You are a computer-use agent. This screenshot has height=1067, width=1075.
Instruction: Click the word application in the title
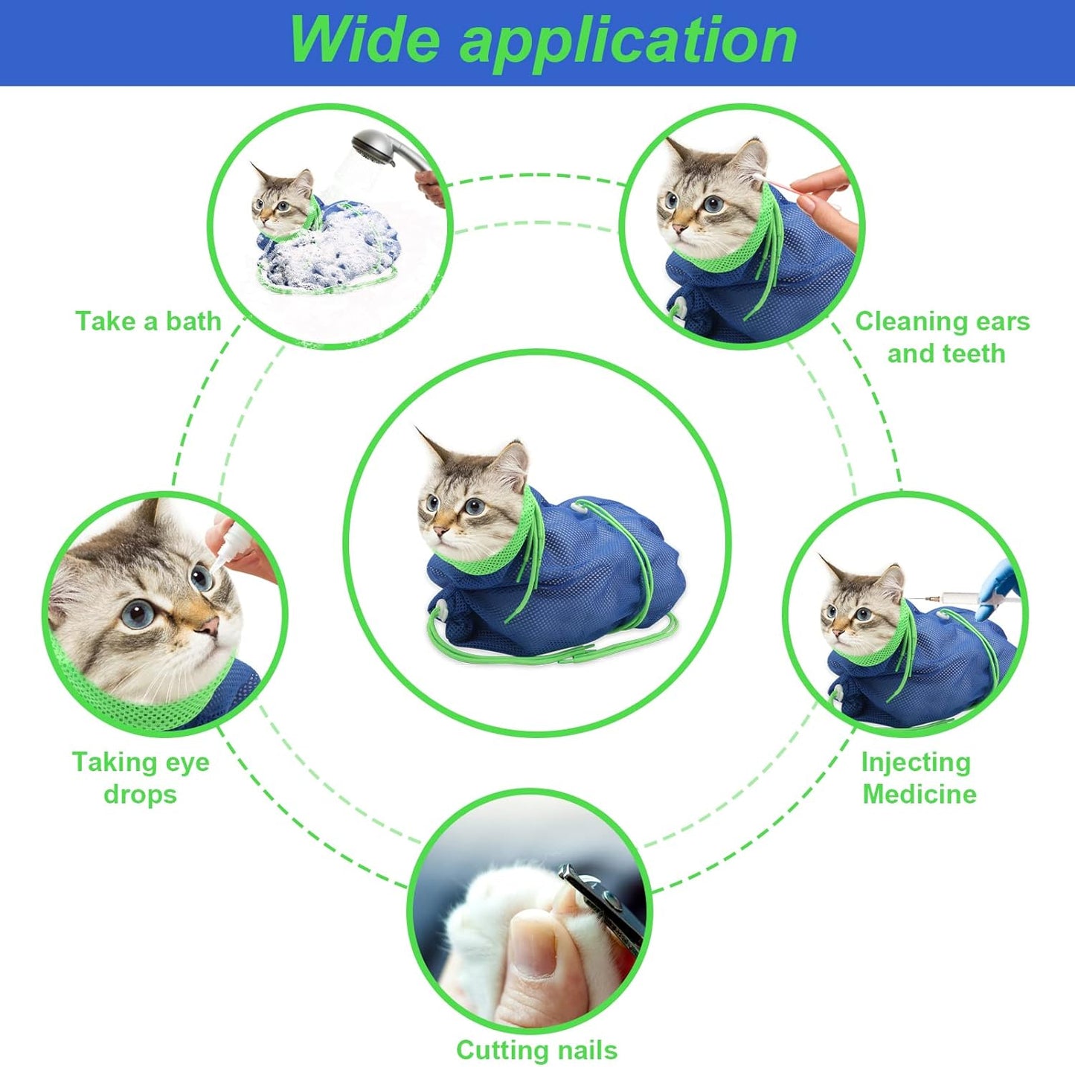click(629, 42)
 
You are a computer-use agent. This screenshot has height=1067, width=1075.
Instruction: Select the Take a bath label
click(149, 321)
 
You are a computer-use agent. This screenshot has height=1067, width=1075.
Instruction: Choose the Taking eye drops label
click(141, 778)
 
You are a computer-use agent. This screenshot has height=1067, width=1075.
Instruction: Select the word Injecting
click(916, 762)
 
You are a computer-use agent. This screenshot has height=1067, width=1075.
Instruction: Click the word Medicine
click(920, 794)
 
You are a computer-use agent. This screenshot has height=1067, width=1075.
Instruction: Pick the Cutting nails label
click(536, 1050)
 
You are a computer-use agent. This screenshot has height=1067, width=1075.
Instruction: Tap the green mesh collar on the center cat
click(513, 543)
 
